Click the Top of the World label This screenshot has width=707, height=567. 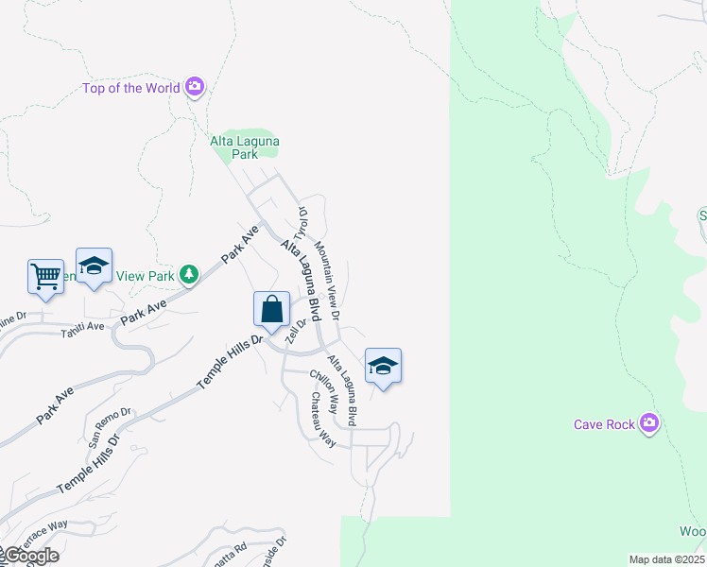coord(131,88)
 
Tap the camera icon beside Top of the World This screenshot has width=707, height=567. coord(195,88)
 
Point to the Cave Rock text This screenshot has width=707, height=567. coord(605,424)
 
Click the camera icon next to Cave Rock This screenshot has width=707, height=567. coord(648,423)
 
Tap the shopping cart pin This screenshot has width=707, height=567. coord(45,276)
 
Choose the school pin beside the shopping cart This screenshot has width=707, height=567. coord(94,266)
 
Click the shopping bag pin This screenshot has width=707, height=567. coord(271,309)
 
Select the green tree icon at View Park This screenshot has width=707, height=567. coord(190,274)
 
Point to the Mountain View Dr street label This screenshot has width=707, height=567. coord(328,279)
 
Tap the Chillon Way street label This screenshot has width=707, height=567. coord(324,391)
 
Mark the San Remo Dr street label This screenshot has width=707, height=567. coord(111,427)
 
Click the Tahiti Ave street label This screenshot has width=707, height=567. coord(83,332)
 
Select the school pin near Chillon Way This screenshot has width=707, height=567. coord(383,366)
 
